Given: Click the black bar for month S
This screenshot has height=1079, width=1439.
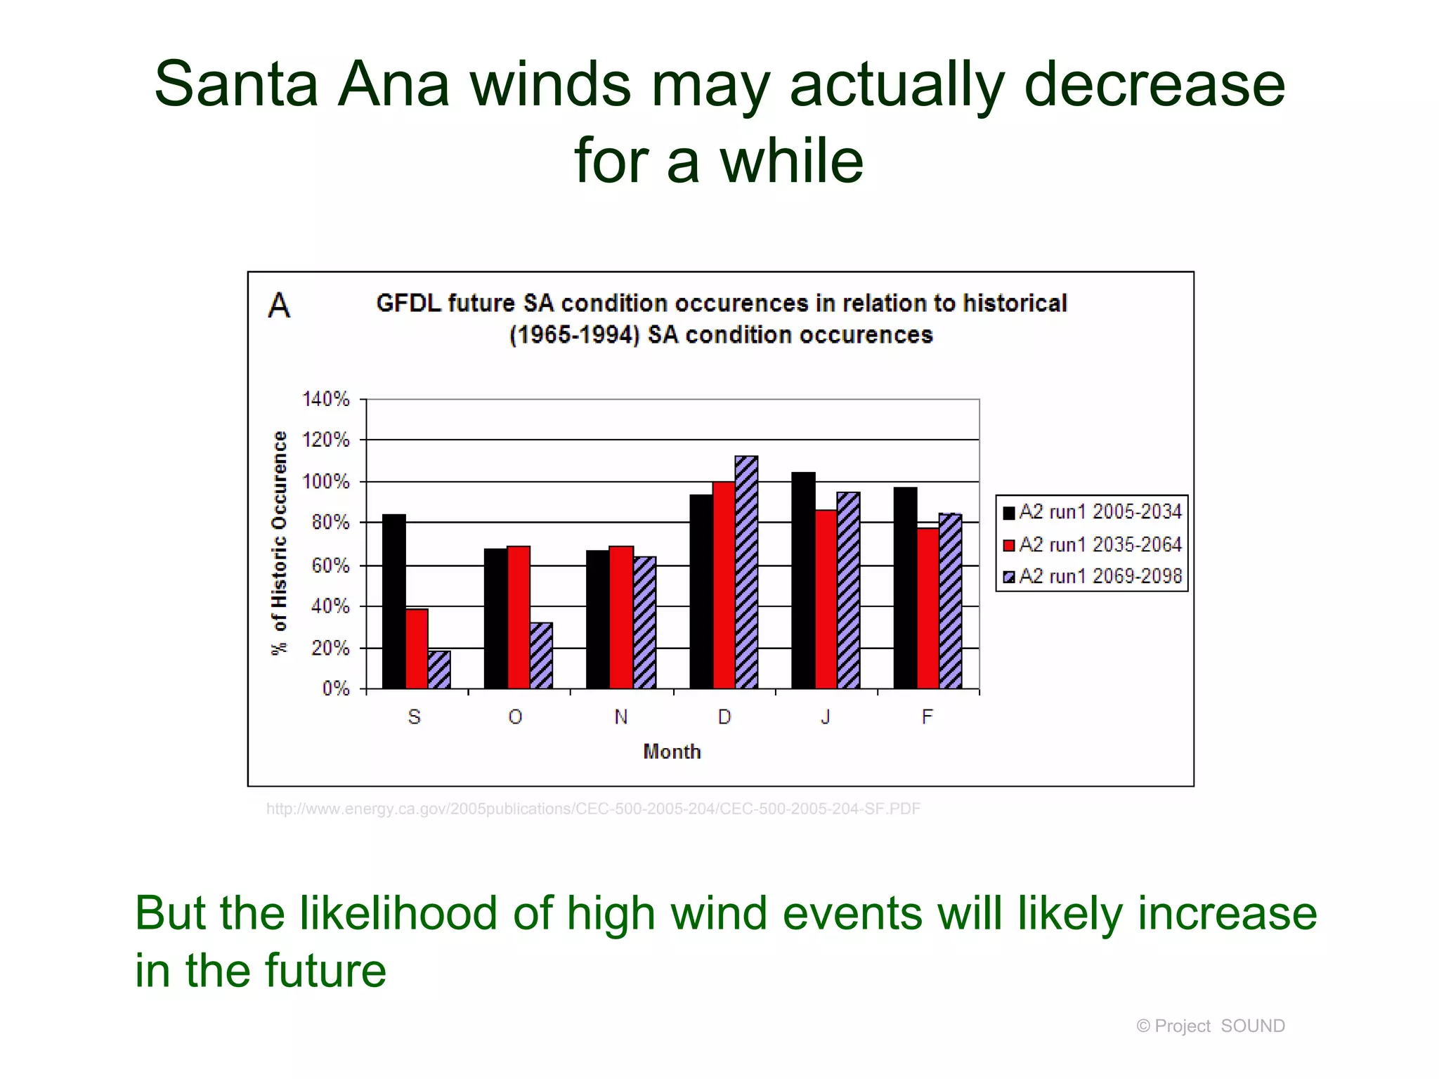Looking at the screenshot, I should pos(393,601).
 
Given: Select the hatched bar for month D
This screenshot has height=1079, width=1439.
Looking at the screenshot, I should pos(746,573).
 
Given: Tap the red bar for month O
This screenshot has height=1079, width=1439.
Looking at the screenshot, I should pos(519,617).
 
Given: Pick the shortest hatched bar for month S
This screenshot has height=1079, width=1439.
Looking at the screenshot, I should pos(439,669).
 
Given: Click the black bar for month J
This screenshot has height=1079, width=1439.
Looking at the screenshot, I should pos(803,580).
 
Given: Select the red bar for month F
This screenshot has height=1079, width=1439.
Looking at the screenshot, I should pos(927,608).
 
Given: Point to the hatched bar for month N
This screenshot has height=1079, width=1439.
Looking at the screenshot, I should pos(644,622).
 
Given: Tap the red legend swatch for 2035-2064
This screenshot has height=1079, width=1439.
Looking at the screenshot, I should pos(1009,545).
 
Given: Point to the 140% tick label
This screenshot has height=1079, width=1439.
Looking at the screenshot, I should pos(325,399).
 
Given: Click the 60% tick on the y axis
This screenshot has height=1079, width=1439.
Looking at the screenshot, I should pos(330,565).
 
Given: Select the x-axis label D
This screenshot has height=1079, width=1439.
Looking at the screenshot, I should pos(724,717).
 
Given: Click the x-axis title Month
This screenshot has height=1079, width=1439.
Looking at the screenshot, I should pos(672,752).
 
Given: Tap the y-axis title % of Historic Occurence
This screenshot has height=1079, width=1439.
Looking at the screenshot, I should pos(280,543).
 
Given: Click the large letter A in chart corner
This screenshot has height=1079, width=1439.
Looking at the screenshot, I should pos(279,306).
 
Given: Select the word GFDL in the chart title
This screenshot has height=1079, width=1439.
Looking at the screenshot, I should pos(408,303).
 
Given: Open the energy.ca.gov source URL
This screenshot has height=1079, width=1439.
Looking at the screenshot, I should pos(593,809).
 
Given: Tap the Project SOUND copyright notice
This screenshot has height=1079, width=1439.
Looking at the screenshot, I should pos(1210,1026).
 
